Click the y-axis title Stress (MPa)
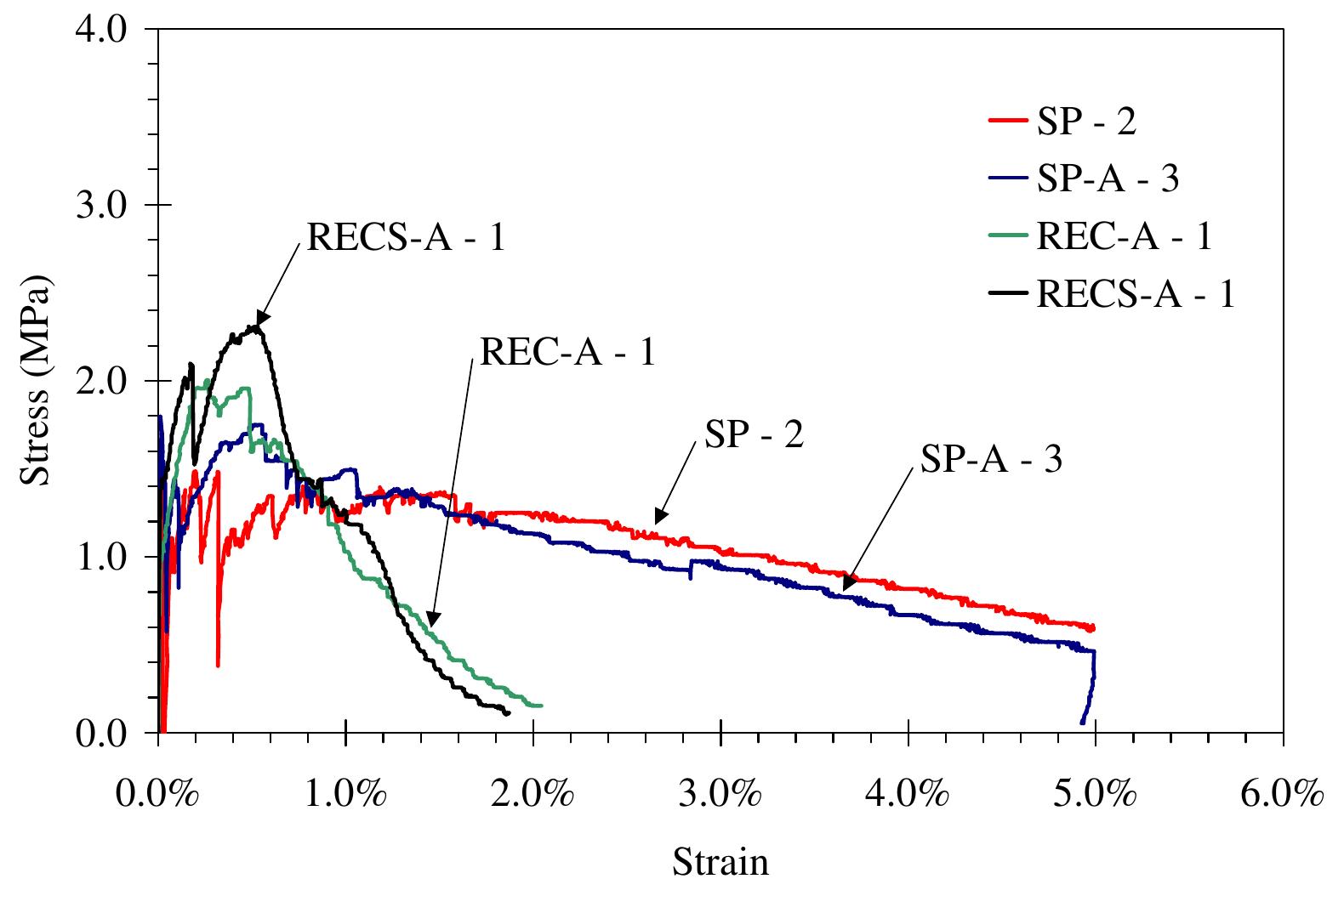(x=37, y=380)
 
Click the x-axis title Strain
(x=720, y=861)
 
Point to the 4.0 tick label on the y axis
(x=101, y=29)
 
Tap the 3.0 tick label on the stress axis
(x=101, y=206)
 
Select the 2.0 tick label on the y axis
(x=101, y=381)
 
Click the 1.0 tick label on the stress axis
(x=101, y=557)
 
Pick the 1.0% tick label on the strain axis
(x=345, y=793)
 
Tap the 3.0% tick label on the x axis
(x=720, y=793)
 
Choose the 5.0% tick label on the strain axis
(x=1095, y=793)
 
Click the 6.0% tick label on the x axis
(x=1283, y=793)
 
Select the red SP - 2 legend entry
(x=1062, y=121)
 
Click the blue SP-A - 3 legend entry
(x=1084, y=178)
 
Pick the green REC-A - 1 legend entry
(x=1101, y=235)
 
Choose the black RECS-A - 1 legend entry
(x=1112, y=293)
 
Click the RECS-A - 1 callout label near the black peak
(x=407, y=237)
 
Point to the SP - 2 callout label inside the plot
(x=755, y=434)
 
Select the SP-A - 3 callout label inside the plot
(x=991, y=458)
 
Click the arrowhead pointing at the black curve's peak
(x=262, y=318)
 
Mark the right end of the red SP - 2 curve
(x=1093, y=628)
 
